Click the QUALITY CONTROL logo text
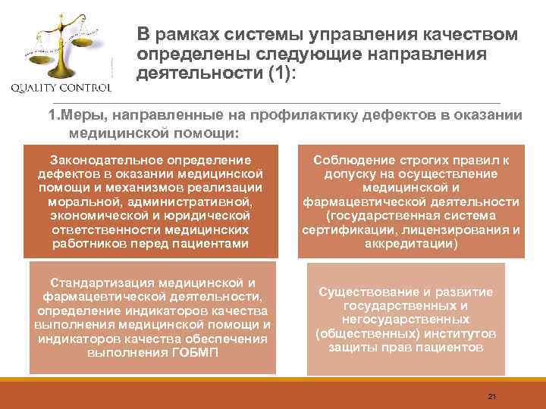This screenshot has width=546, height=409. pos(61,87)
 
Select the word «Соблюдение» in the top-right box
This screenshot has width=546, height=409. pos(358,160)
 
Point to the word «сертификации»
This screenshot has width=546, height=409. pos(341,229)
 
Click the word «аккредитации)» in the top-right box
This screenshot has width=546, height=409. pos(410,243)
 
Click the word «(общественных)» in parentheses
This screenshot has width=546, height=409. pos(362,333)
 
